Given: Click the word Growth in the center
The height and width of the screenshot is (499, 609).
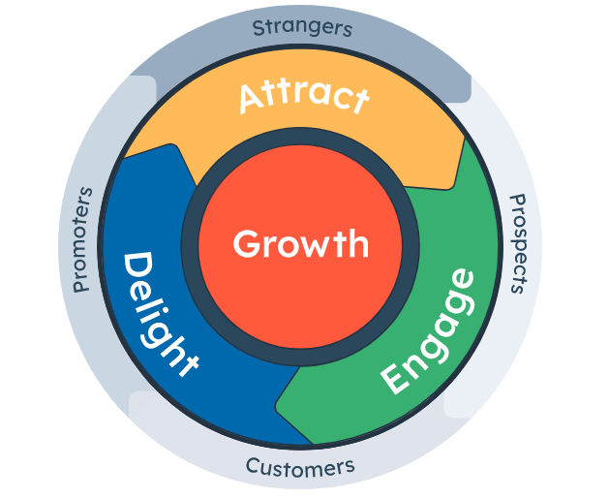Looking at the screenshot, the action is [x=300, y=244].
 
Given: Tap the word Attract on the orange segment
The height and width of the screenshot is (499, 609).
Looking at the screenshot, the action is [x=304, y=98].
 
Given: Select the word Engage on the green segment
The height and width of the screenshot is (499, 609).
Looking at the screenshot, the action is [x=427, y=331].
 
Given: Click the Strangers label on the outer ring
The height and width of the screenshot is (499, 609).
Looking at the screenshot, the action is [x=302, y=28].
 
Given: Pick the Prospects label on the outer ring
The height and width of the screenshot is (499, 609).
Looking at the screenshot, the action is [x=519, y=243].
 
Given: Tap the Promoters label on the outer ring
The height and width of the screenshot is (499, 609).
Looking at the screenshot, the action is [x=82, y=239].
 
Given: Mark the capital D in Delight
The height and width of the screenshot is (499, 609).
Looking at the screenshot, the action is [x=138, y=267].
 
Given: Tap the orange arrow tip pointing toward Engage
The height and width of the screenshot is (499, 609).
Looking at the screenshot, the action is [x=450, y=188].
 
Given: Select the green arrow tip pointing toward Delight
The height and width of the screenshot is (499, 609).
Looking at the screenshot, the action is [x=277, y=400].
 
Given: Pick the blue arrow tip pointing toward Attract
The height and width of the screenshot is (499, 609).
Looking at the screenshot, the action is [x=171, y=145].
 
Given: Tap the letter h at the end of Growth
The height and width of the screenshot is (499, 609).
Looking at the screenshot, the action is [x=359, y=243].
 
